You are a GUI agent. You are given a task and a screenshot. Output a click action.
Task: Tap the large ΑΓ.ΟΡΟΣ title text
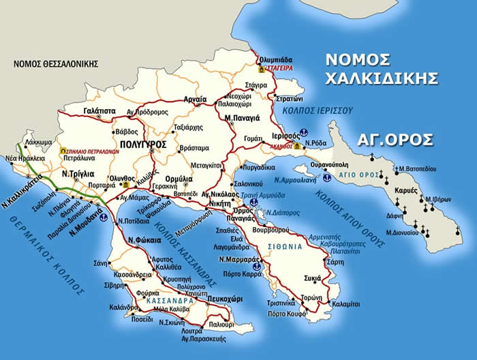pos(395,139)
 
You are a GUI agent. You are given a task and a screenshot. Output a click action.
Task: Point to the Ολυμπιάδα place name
pos(276,60)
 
